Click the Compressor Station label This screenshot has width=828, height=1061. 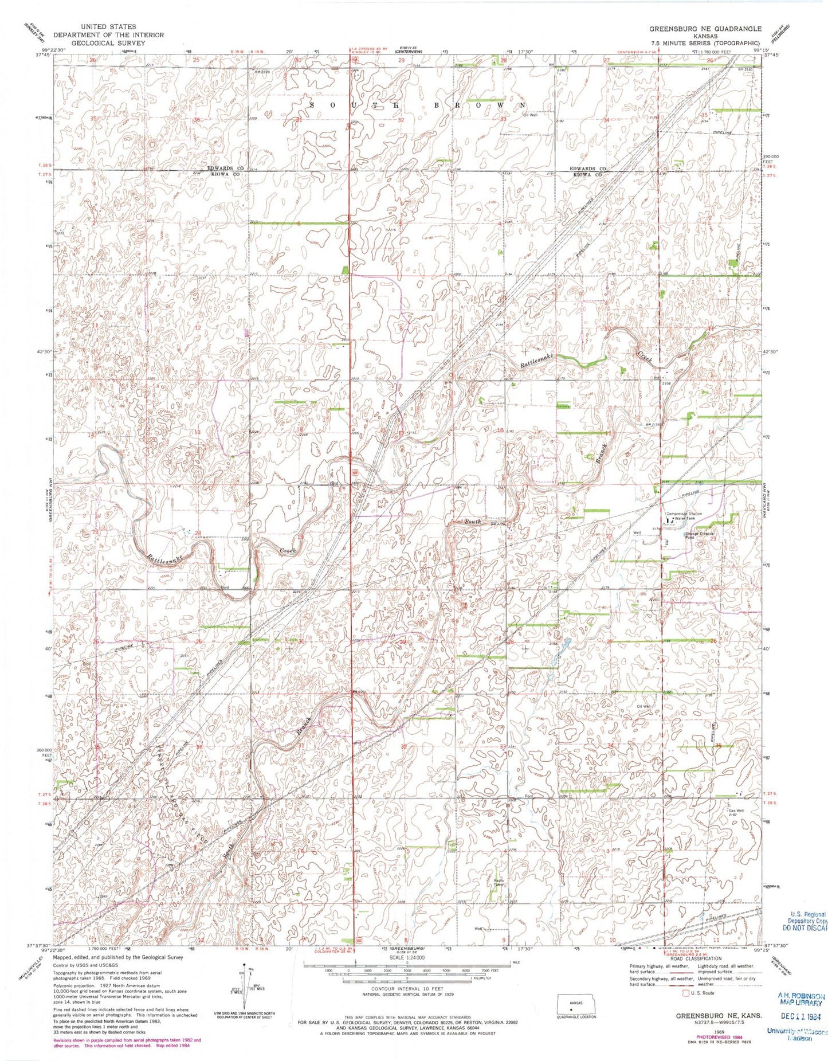coord(683,514)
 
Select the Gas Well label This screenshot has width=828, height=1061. coord(736,811)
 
